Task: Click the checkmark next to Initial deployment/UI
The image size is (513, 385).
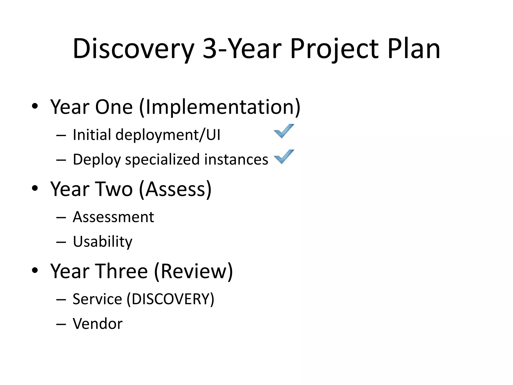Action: pyautogui.click(x=284, y=131)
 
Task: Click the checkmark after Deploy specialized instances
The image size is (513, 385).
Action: pyautogui.click(x=284, y=157)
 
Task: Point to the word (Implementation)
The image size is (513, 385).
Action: pyautogui.click(x=219, y=107)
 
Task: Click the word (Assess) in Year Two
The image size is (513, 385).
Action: pyautogui.click(x=175, y=189)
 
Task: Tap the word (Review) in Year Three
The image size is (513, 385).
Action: pyautogui.click(x=193, y=271)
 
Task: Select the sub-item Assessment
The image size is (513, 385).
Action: pyautogui.click(x=113, y=217)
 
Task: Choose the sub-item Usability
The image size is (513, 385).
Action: pyautogui.click(x=102, y=242)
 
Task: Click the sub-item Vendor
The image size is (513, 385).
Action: pyautogui.click(x=98, y=324)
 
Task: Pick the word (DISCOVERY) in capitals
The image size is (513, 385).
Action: pyautogui.click(x=170, y=299)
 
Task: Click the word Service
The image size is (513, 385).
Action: pyautogui.click(x=97, y=299)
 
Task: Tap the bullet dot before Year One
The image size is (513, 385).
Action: pyautogui.click(x=35, y=106)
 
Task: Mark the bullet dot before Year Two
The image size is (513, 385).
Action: pyautogui.click(x=35, y=188)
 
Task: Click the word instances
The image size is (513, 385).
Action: pyautogui.click(x=236, y=160)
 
